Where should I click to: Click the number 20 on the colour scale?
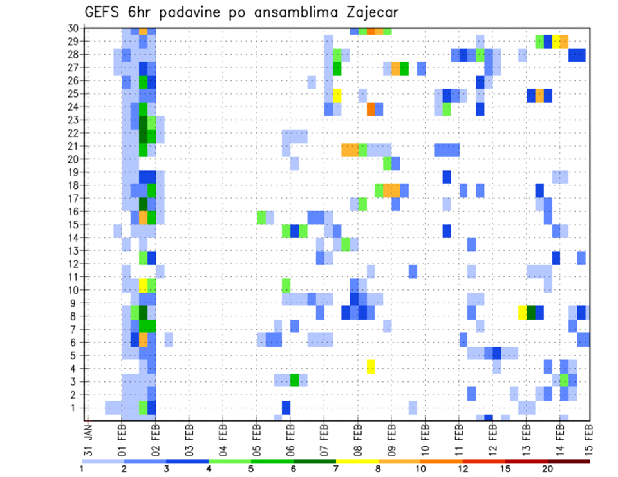click(547, 469)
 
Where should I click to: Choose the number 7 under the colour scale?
click(336, 469)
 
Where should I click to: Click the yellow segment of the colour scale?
click(357, 461)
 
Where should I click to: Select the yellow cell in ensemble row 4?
click(371, 366)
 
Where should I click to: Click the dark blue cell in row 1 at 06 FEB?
click(286, 408)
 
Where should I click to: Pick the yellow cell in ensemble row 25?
click(337, 94)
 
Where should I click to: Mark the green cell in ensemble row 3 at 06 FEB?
click(294, 379)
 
